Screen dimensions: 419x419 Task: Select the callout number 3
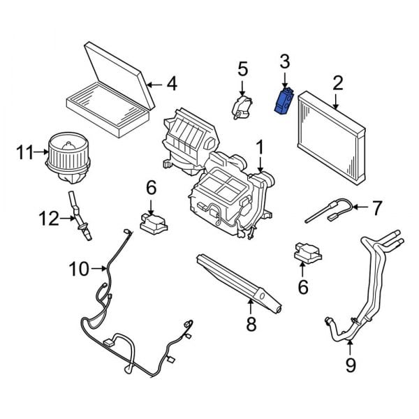(x=284, y=62)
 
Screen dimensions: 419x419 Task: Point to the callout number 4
(x=171, y=84)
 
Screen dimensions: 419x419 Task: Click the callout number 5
(x=242, y=68)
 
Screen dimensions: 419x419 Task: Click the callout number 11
(x=25, y=151)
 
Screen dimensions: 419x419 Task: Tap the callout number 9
(x=351, y=364)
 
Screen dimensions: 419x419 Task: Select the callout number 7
(x=376, y=207)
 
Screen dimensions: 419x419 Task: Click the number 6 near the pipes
(x=302, y=286)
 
